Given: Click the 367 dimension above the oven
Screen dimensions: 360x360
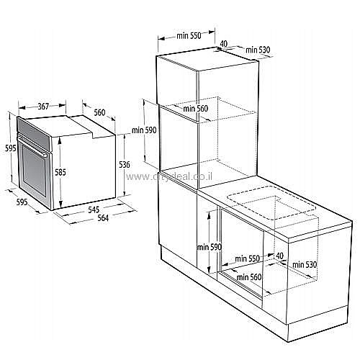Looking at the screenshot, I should tap(43, 106).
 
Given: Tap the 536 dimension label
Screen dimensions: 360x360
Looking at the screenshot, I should tap(124, 165).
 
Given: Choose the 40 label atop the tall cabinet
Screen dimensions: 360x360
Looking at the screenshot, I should tap(224, 43).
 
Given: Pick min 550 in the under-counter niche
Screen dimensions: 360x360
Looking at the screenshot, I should tap(248, 258).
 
